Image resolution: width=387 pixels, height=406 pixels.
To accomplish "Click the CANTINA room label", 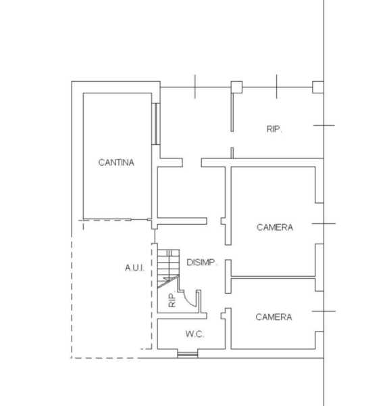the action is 116,162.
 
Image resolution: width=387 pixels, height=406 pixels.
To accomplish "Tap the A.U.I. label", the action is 134,267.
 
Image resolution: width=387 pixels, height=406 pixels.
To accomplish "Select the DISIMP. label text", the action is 201,263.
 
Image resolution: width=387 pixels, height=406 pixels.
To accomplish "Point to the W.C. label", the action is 195,334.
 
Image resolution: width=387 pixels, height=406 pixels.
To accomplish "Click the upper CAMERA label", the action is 275,227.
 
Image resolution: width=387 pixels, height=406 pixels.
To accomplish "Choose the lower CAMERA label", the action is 274,317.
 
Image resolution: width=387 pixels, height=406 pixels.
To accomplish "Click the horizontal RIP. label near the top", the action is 274,129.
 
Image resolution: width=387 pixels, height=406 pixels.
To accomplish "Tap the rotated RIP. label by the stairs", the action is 172,300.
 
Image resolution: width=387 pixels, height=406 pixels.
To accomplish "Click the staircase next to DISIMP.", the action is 168,269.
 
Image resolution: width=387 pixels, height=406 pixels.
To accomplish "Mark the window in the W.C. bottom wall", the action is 188,354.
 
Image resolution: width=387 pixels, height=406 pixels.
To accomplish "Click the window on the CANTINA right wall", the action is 155,124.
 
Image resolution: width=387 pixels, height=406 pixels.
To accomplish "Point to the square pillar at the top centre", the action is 236,87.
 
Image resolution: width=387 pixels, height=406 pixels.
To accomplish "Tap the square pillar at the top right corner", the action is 318,87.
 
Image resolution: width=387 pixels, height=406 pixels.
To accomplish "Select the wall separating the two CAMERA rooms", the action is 273,277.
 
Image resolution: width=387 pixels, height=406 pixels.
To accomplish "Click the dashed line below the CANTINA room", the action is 105,221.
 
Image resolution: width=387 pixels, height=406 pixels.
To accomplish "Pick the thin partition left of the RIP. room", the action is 232,112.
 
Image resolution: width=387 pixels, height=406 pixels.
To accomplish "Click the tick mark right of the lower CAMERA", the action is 324,311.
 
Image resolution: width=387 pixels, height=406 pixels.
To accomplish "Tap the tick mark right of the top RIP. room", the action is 324,125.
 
